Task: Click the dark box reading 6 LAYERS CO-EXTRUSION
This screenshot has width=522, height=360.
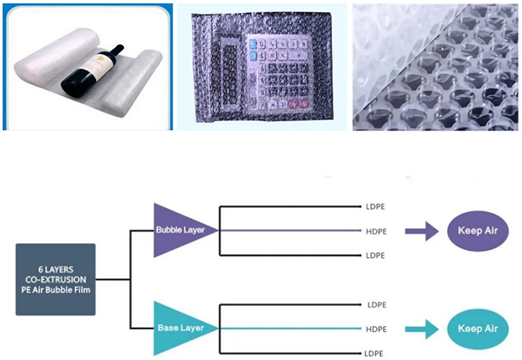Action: coord(56,278)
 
